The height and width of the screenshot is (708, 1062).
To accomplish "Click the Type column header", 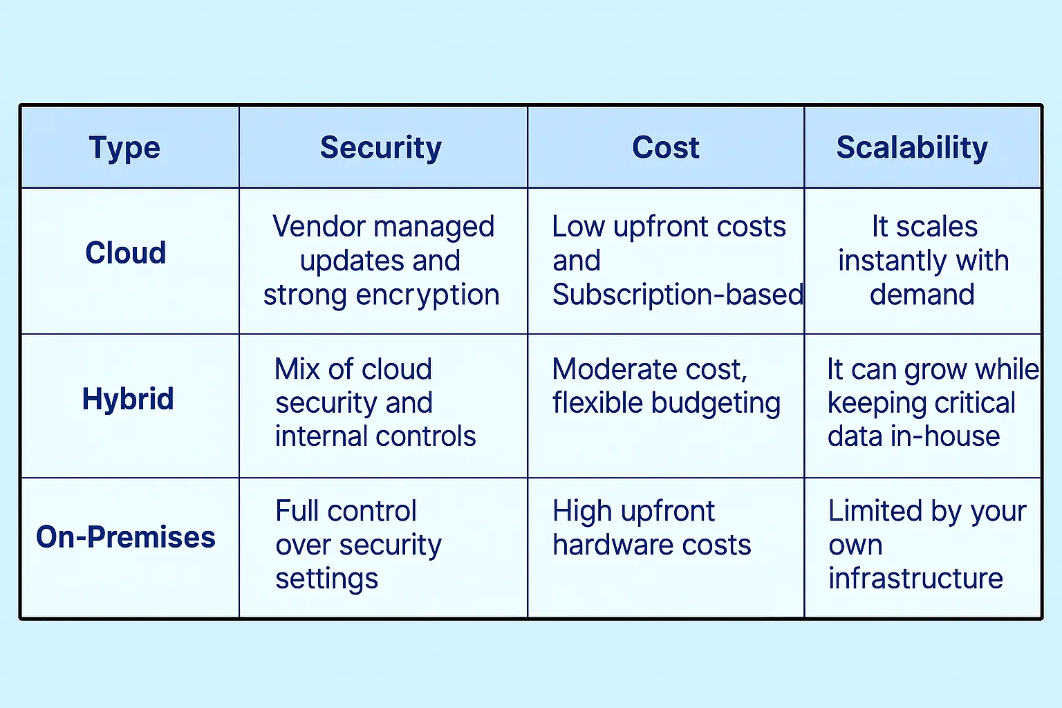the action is (x=124, y=148).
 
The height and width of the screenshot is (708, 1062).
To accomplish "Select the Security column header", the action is (x=381, y=148).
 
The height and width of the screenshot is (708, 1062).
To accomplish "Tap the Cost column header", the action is (x=666, y=147).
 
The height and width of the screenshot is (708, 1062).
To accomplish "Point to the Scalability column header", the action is (x=912, y=148).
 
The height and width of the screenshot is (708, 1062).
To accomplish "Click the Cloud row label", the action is (x=126, y=252).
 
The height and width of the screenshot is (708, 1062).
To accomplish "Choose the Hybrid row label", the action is (x=128, y=398).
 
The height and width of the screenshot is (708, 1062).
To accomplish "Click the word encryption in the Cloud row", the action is (x=428, y=295).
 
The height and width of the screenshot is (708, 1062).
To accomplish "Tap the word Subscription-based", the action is (x=678, y=295).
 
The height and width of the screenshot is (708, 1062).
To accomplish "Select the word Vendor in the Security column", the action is (x=319, y=226).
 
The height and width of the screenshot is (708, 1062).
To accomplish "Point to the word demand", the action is (x=922, y=295).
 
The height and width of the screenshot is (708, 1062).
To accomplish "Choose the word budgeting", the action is (x=716, y=404).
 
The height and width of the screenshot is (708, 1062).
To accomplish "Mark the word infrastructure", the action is (x=915, y=579).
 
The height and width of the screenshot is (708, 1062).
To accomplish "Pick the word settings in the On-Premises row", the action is (x=326, y=579).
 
